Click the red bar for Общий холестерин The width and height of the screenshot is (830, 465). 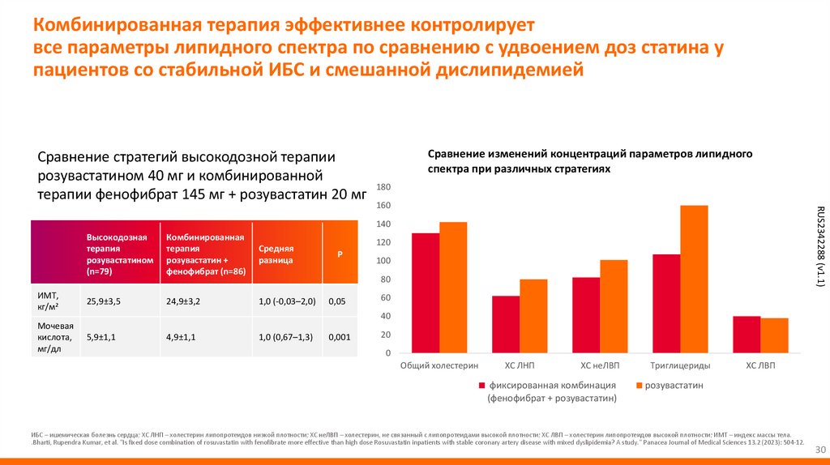(426, 293)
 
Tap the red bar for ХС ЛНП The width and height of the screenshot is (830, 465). (506, 324)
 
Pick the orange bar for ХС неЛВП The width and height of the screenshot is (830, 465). (614, 306)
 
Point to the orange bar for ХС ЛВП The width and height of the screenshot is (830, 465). (774, 335)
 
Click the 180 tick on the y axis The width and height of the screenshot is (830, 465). (384, 187)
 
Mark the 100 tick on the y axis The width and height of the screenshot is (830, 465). (384, 261)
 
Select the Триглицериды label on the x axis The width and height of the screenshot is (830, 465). (679, 366)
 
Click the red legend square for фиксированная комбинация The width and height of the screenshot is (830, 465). (481, 386)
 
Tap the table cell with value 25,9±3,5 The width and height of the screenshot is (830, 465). (103, 301)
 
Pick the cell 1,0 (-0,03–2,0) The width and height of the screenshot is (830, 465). (287, 301)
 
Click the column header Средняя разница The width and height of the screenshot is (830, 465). (276, 255)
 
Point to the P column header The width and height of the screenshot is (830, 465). (340, 254)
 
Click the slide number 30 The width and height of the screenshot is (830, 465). (819, 450)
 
